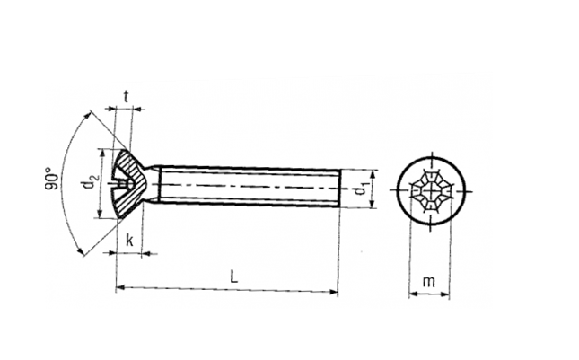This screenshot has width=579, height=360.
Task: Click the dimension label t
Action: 127,97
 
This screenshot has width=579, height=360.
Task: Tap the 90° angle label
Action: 52,179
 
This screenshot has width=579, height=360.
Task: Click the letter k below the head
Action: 129,240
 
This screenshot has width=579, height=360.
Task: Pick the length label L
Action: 234,277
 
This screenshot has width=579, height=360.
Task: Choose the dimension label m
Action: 428,282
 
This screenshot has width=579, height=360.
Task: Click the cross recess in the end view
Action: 431,191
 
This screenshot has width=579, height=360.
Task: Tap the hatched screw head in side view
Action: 128,183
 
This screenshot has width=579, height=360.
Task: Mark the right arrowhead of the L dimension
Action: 334,292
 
